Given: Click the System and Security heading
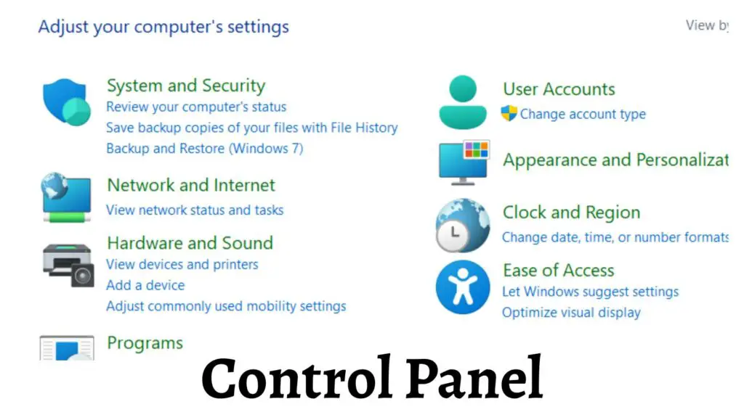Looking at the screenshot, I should (186, 86).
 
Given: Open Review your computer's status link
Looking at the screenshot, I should (196, 107).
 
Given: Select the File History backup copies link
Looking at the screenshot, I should (251, 128).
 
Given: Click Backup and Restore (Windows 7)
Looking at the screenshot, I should (204, 149).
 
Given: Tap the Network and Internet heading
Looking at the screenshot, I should (191, 186).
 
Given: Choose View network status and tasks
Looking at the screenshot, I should (195, 210).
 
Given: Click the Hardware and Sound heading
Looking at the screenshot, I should (190, 243).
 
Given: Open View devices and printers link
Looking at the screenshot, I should (182, 265).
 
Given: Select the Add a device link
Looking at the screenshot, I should (145, 285).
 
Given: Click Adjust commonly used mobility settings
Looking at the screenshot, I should (226, 306).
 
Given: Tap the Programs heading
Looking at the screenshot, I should (145, 343).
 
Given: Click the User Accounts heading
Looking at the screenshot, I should (559, 89).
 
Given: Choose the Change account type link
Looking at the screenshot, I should (583, 115).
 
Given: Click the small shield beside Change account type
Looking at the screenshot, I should (509, 114).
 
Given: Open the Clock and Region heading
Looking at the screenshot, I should (571, 213).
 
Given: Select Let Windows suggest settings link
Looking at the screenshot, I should (590, 292).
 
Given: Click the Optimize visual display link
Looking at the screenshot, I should (571, 313).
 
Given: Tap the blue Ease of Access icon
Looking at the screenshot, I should (463, 288).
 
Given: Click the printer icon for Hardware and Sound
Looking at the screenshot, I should (68, 265).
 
